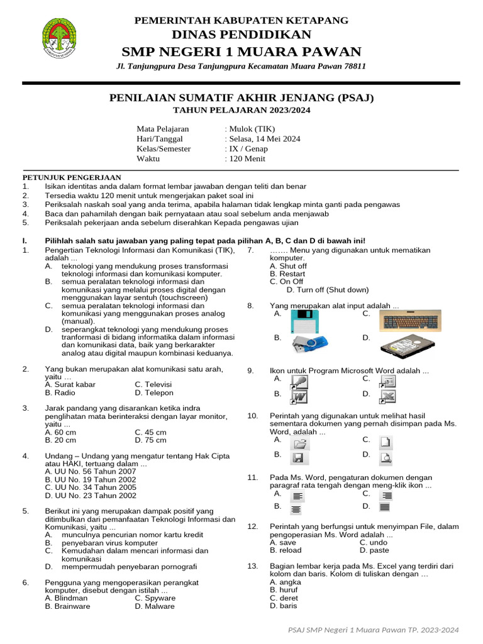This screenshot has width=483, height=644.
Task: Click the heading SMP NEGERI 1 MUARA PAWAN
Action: pos(241,52)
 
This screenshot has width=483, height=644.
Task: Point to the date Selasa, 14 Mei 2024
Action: pos(264,138)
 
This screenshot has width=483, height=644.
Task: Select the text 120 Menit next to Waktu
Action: pos(247,158)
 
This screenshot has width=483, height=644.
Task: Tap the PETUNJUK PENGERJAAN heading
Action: pos(72,177)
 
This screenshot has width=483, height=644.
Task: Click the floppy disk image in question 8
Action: pos(306,321)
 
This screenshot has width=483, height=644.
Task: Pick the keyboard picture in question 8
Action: pos(414,321)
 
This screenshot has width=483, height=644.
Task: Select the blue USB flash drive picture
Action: pos(310,345)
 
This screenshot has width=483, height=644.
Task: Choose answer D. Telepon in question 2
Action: pos(153,392)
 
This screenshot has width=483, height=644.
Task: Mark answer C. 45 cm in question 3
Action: pos(150,432)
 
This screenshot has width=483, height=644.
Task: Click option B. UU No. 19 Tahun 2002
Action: pos(91,479)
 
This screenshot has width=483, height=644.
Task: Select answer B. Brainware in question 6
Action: pos(67,606)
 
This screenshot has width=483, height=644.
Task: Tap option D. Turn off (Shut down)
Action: pos(327,290)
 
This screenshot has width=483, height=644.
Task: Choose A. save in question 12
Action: pos(282,541)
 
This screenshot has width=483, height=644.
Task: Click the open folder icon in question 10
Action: pos(298,443)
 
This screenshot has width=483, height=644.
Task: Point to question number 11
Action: pos(253,478)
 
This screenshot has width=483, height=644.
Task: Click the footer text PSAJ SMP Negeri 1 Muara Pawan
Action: pos(373,630)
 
